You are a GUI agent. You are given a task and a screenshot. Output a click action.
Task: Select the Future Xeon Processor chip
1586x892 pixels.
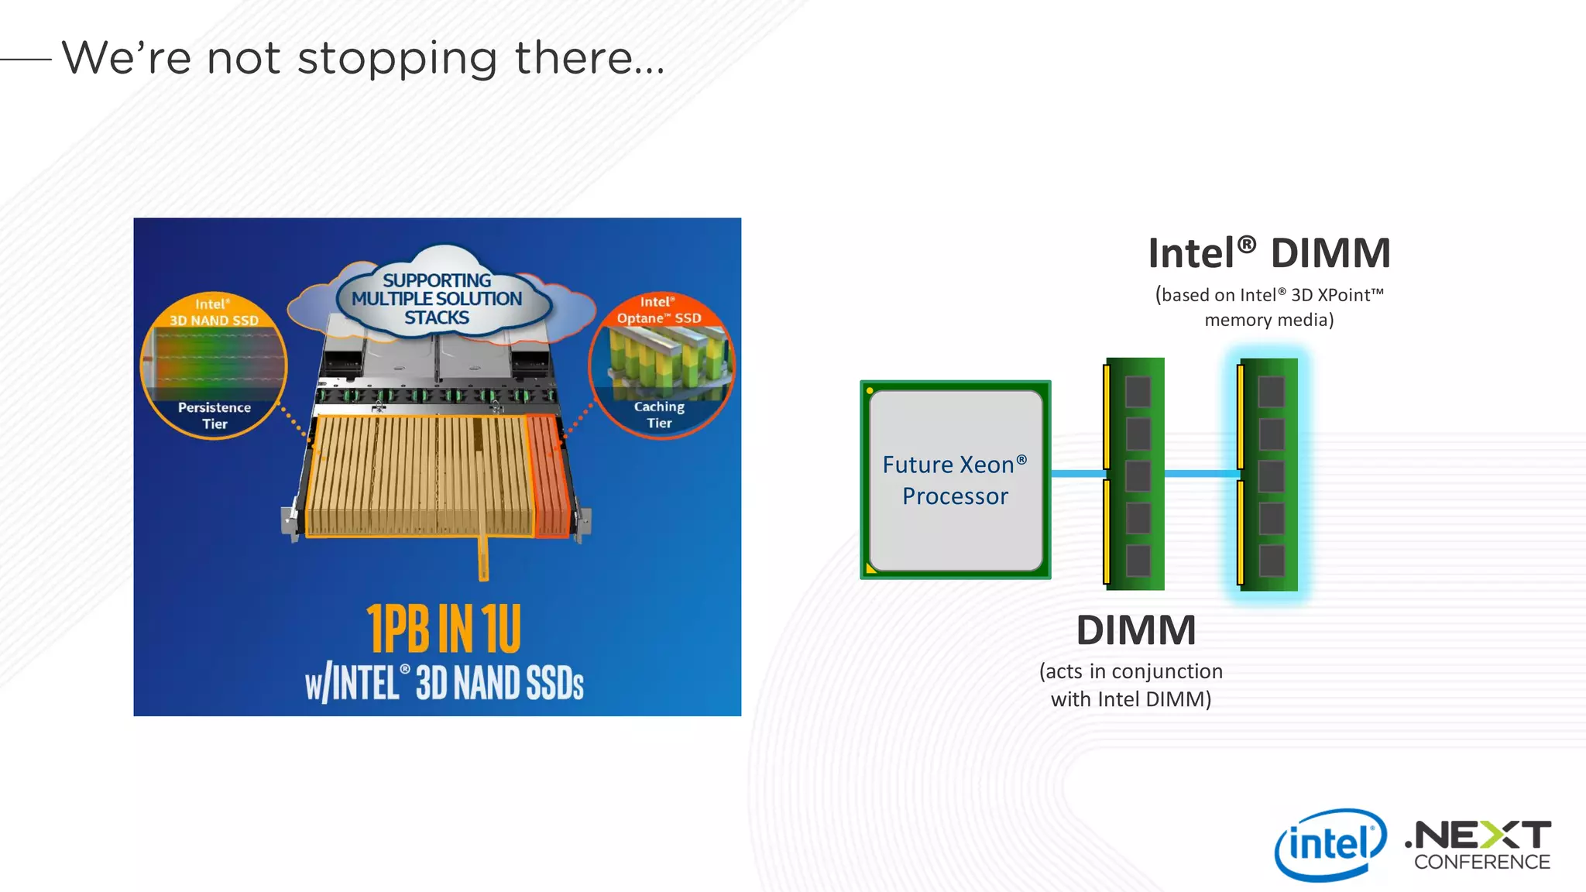coord(955,480)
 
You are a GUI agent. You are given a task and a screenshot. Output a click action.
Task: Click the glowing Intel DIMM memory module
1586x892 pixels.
coord(1268,474)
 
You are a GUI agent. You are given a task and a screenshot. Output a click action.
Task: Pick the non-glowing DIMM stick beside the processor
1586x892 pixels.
coord(1135,474)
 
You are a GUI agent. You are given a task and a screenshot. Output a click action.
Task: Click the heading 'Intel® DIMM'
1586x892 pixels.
coord(1268,253)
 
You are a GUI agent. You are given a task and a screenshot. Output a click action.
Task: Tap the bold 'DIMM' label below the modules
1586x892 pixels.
coord(1135,630)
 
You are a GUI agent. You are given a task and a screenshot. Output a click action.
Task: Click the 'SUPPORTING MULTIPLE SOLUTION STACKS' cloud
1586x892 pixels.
coord(437,299)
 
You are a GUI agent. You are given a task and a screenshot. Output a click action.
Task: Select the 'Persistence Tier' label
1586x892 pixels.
coord(215,415)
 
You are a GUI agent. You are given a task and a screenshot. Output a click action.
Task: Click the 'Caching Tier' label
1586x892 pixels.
coord(659,414)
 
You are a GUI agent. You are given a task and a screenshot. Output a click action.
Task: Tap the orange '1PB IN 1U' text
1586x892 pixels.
coord(443,629)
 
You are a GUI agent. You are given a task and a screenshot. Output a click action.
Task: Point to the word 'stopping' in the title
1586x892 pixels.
coord(396,59)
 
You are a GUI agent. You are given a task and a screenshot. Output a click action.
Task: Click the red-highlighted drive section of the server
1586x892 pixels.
coord(549,474)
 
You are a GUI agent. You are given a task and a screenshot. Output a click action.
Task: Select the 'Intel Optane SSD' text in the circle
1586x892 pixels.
coord(659,310)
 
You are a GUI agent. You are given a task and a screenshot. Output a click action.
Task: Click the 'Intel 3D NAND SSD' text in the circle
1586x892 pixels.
coord(214,313)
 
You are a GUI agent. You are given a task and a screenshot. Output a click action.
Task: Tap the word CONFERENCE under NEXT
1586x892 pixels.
coord(1481,862)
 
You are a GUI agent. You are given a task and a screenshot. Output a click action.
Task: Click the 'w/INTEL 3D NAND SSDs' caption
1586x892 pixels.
coord(444,683)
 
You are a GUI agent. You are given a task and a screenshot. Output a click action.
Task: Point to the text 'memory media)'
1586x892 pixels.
coord(1268,320)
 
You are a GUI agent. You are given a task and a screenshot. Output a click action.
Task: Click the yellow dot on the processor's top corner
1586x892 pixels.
coord(870,391)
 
